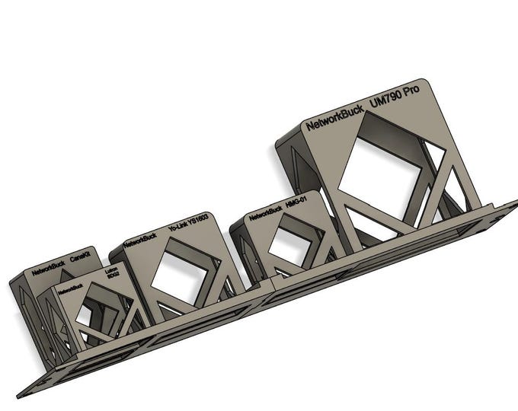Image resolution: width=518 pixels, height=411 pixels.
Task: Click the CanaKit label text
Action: click(80, 260)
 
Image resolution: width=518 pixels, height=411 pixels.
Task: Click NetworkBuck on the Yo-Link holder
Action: click(141, 239)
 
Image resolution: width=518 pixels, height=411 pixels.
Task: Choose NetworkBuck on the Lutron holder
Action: click(71, 288)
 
